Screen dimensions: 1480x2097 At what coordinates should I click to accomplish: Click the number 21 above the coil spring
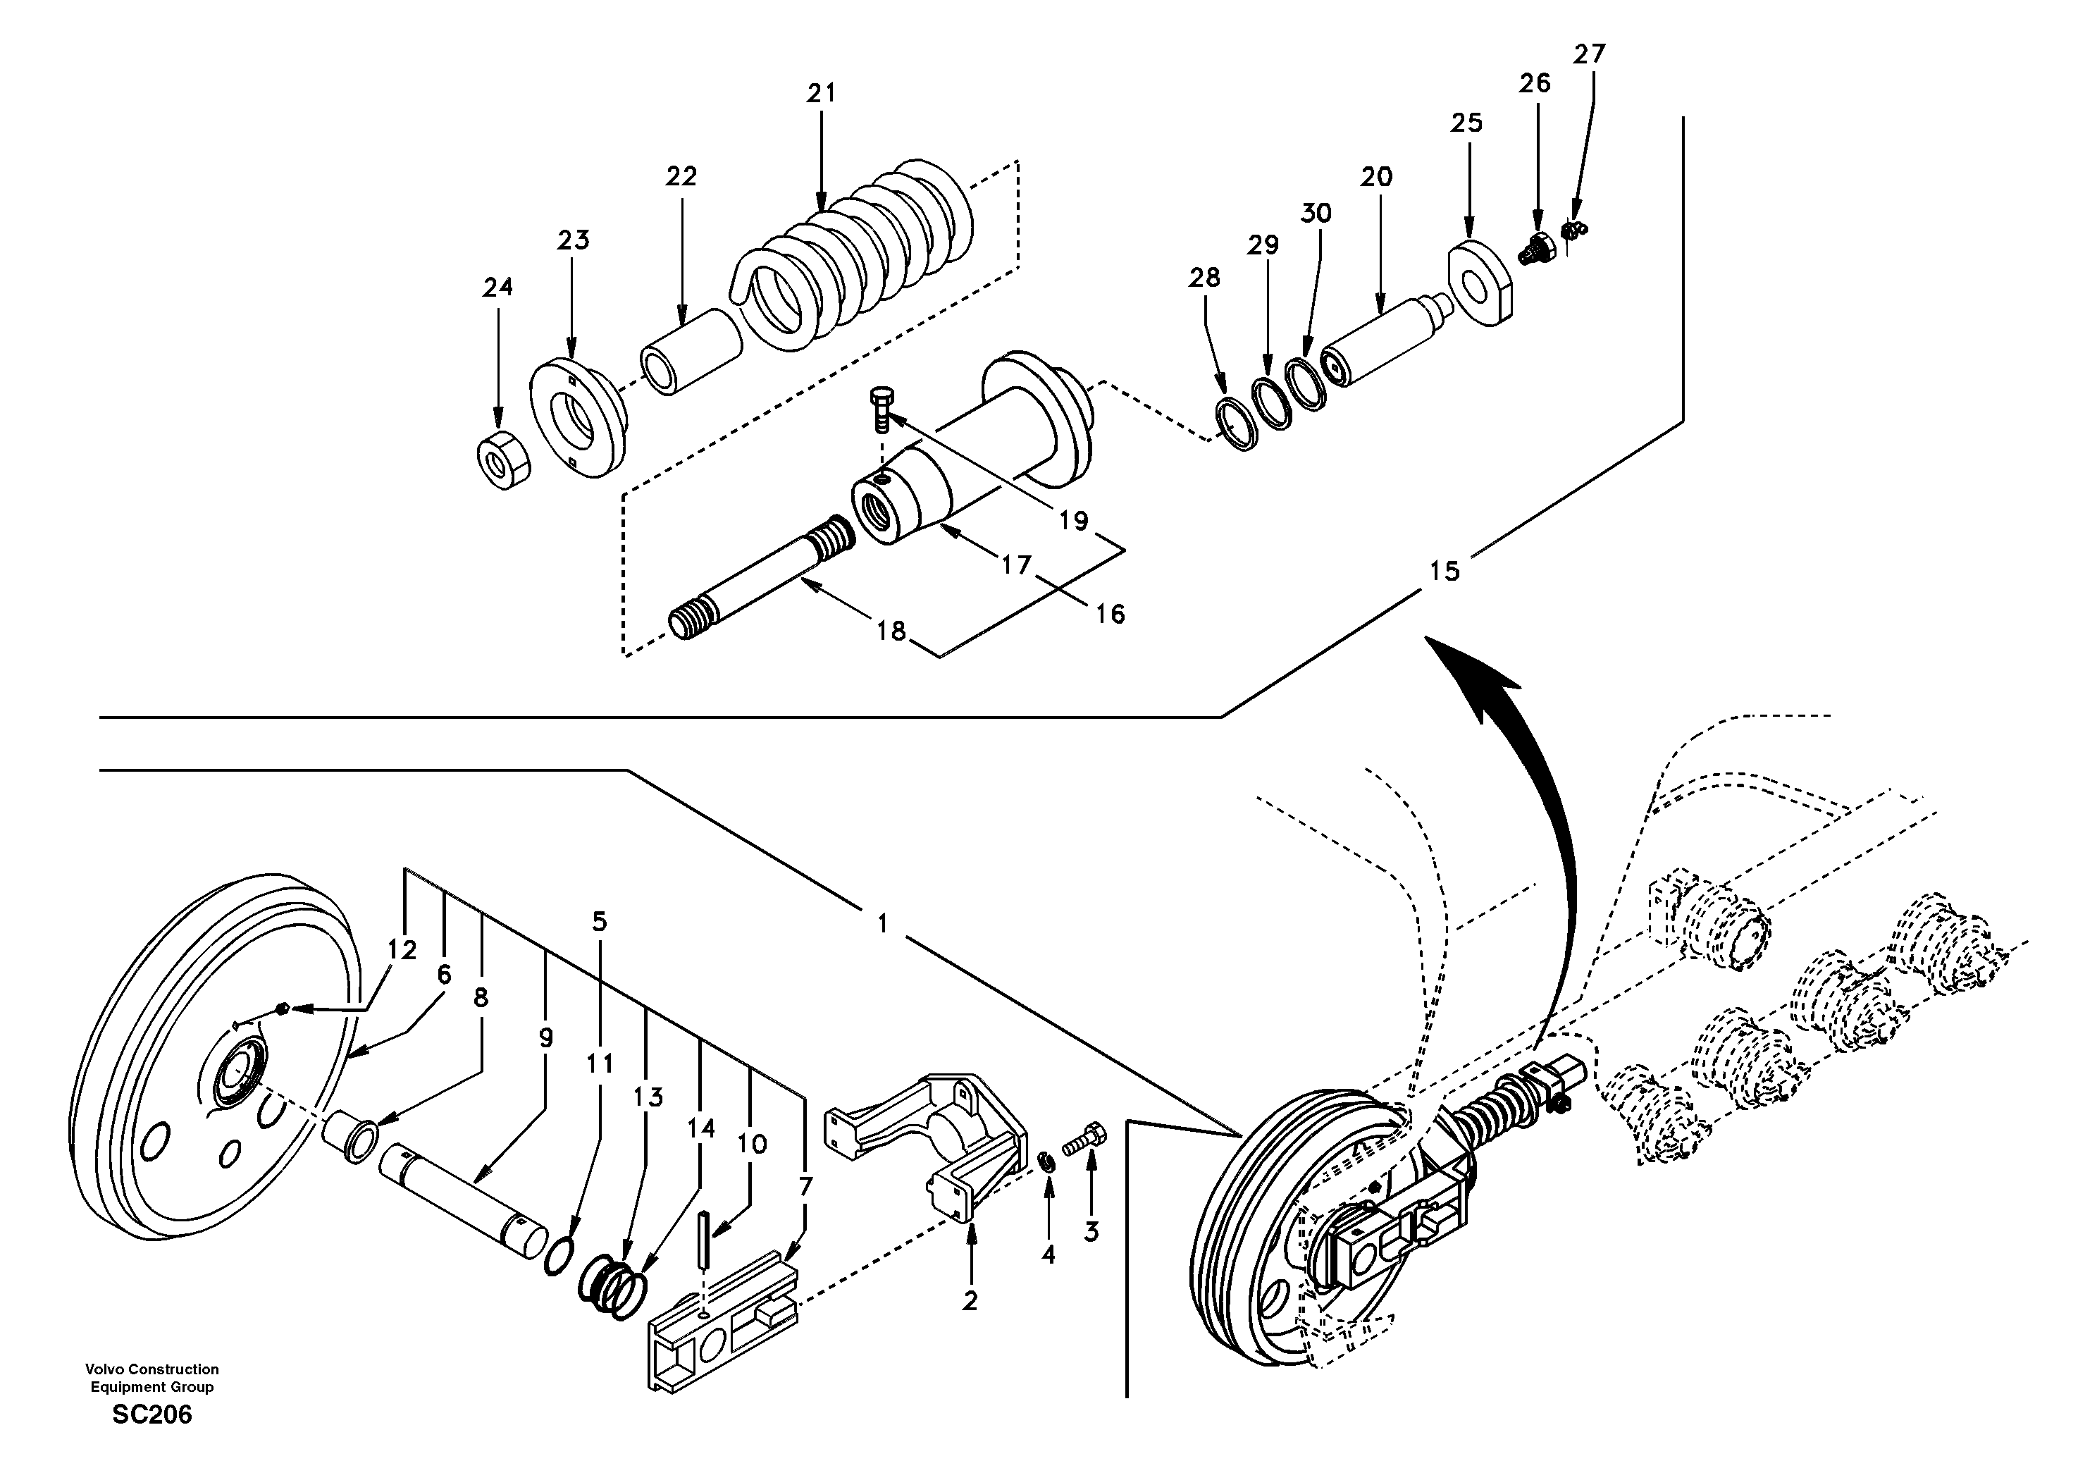pyautogui.click(x=821, y=93)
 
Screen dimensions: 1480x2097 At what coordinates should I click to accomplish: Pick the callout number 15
pyautogui.click(x=1444, y=572)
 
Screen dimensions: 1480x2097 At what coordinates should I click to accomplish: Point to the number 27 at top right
pyautogui.click(x=1589, y=55)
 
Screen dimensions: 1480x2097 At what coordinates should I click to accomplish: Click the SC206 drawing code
pyautogui.click(x=151, y=1414)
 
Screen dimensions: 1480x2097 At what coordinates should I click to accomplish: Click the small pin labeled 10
pyautogui.click(x=705, y=1239)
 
